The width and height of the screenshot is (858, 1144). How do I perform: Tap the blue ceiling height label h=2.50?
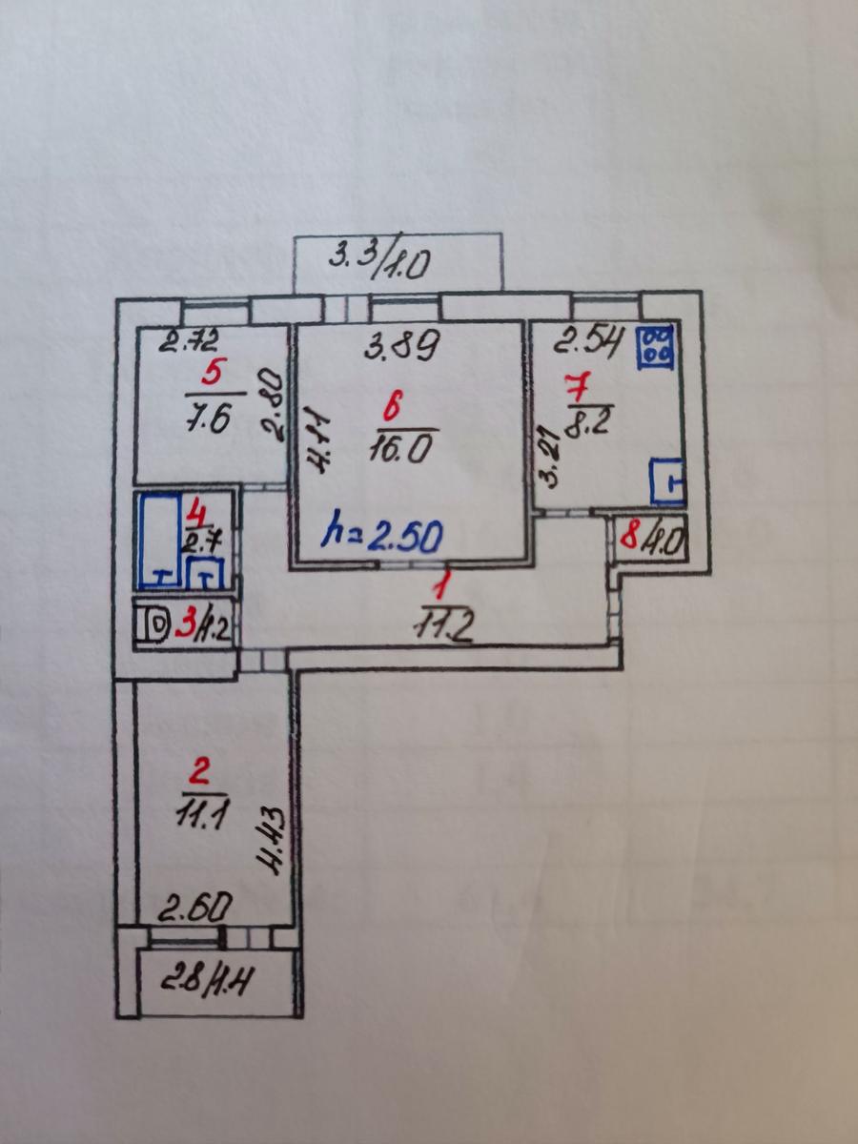coord(383,537)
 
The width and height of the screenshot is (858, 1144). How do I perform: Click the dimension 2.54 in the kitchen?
coord(588,343)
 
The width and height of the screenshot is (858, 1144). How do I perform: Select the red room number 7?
coord(578,387)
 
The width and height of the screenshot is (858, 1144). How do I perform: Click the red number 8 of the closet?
coord(630,538)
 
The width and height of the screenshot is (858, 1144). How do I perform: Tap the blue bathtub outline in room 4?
coord(160,541)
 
